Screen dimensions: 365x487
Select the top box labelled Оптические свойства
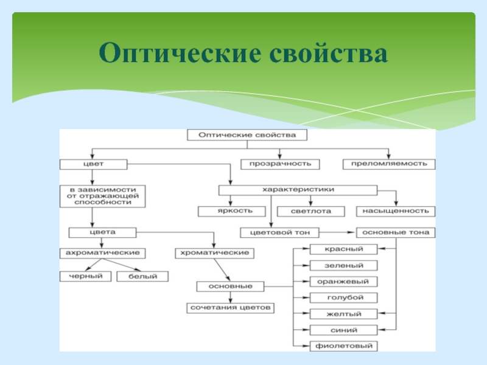[247, 135]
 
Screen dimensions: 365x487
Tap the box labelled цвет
[93, 164]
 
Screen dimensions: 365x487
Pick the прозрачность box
[279, 164]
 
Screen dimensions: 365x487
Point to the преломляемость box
[389, 164]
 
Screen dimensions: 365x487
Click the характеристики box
[298, 190]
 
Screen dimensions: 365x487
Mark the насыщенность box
[396, 211]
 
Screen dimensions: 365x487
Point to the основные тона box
[396, 232]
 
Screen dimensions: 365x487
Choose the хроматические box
[213, 252]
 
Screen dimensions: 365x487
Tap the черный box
[81, 277]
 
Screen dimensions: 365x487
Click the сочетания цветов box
[230, 308]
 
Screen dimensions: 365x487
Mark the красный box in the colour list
[345, 249]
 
